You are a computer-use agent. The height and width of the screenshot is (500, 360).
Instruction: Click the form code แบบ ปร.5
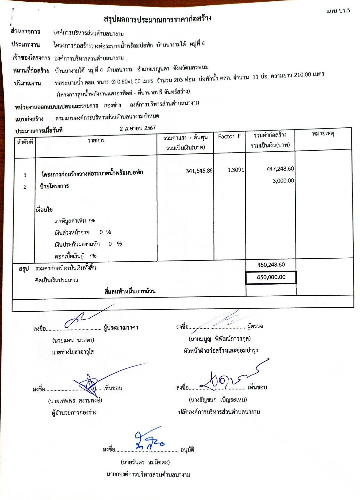[x=338, y=11]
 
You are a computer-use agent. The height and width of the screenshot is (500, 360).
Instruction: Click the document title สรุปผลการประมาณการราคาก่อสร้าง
[x=157, y=18]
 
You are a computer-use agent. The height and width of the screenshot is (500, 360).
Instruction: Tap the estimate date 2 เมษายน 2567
[x=138, y=128]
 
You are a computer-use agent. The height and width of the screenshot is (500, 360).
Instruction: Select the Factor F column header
[x=229, y=136]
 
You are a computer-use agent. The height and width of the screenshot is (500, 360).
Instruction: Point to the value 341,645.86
[x=199, y=171]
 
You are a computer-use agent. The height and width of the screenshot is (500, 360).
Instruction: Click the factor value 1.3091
[x=236, y=170]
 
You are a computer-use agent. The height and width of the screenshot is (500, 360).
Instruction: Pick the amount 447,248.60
[x=280, y=169]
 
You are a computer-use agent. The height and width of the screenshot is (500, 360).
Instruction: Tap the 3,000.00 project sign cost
[x=283, y=181]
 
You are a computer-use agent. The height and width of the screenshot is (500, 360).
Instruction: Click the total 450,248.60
[x=271, y=265]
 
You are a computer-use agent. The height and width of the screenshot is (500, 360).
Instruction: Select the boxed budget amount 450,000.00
[x=271, y=277]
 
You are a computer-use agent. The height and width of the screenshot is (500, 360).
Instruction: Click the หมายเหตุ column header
[x=323, y=134]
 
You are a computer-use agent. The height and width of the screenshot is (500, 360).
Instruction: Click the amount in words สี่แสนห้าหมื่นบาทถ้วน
[x=130, y=291]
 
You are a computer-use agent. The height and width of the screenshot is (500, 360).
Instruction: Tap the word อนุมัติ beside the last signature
[x=187, y=450]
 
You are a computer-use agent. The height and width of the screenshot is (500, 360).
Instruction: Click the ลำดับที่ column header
[x=25, y=142]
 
